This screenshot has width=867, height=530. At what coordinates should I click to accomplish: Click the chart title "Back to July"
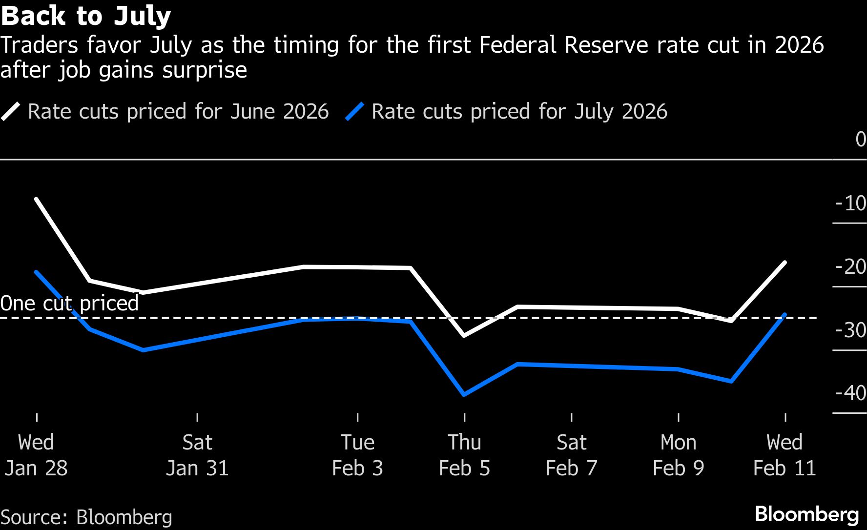coord(86,16)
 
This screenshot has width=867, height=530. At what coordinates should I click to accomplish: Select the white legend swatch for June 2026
coord(11,112)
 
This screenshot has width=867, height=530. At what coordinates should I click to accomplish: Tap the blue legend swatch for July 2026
coord(354,112)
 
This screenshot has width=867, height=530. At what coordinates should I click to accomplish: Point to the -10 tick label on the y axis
coord(850,204)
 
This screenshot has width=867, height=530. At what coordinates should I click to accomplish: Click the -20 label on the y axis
coord(850,267)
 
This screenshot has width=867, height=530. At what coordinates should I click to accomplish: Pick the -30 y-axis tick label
coord(850,330)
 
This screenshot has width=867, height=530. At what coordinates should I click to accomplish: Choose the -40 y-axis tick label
coord(850,393)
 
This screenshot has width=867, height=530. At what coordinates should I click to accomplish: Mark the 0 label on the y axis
coord(861,140)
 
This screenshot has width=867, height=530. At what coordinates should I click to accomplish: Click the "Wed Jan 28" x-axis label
coord(36,455)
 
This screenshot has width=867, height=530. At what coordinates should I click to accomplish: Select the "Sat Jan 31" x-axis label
coord(197,455)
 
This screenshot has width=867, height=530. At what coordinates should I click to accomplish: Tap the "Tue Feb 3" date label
coord(357,455)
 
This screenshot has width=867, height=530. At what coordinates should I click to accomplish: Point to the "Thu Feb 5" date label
coord(464,455)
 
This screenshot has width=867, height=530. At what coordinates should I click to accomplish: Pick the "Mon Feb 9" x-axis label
coord(678,455)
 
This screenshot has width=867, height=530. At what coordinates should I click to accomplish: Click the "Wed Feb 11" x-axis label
coord(784,455)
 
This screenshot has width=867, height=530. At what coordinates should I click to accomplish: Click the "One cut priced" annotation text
coord(69,303)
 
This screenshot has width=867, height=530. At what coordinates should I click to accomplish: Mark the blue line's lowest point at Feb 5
coord(464,394)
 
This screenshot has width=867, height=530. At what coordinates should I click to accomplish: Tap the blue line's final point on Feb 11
coord(785,314)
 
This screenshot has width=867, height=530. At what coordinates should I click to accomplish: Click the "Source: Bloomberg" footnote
coord(86,517)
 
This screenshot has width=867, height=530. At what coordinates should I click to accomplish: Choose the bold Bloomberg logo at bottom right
coord(806,514)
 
